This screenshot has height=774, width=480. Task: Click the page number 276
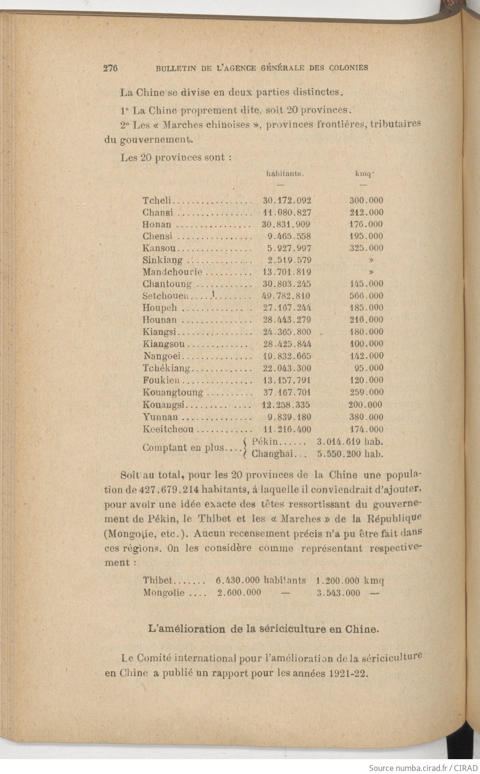point(110,68)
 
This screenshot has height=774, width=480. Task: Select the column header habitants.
point(285,174)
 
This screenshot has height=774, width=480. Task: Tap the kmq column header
point(364,174)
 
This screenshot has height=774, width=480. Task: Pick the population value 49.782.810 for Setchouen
point(286,296)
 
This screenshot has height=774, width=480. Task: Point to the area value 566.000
point(366,296)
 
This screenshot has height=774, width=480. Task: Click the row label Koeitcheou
point(168,430)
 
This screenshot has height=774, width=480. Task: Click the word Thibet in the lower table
point(158,581)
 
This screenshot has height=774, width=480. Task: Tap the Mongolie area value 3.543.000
point(338,593)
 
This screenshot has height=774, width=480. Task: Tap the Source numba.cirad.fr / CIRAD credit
point(423,768)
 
